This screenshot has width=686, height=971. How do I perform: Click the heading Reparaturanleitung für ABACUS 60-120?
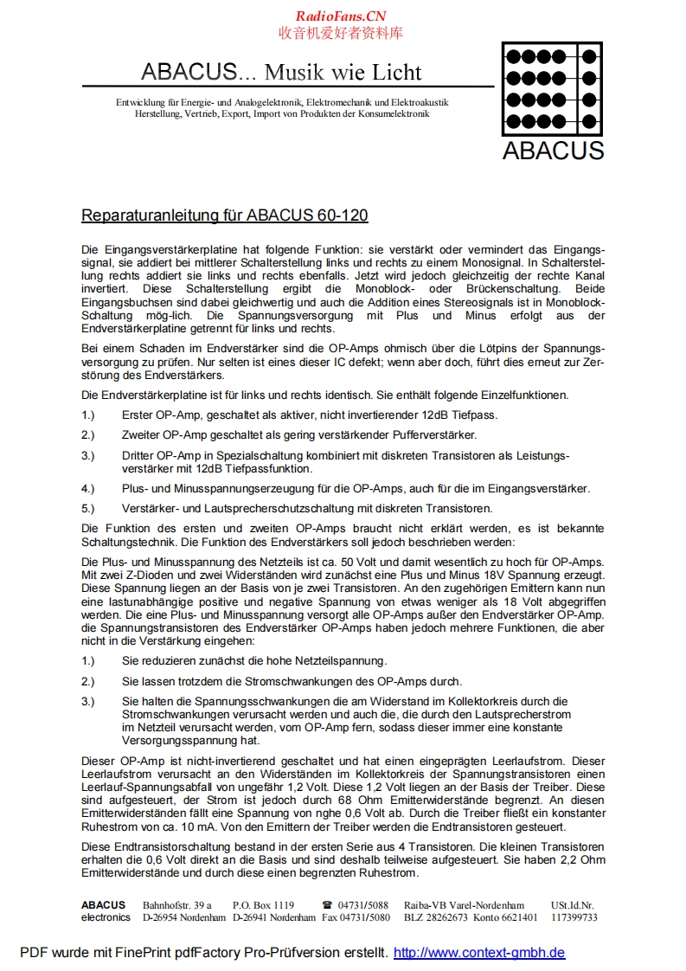coord(224,215)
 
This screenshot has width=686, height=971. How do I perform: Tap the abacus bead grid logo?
coord(552,88)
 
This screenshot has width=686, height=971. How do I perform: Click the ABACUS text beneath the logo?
coord(553,150)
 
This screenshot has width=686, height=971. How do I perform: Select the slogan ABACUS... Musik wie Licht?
coord(281,71)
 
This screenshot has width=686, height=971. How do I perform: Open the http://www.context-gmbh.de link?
coord(479,953)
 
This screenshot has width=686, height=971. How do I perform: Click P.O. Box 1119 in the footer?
coord(263,905)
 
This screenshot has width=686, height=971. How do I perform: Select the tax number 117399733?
coord(574,917)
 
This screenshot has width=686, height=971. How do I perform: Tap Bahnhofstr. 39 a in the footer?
coord(177,905)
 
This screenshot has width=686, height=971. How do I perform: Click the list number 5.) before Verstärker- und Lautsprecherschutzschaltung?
coord(88,508)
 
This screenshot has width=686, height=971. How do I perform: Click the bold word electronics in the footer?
coord(106,917)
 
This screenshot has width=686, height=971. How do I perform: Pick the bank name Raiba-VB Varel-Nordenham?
coord(464,905)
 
